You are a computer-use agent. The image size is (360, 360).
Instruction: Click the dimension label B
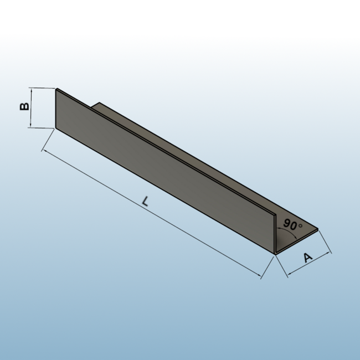point(24,106)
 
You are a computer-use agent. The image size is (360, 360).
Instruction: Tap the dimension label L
point(145,201)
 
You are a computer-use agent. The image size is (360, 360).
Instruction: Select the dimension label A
point(308,258)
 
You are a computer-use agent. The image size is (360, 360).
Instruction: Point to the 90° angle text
point(293,225)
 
